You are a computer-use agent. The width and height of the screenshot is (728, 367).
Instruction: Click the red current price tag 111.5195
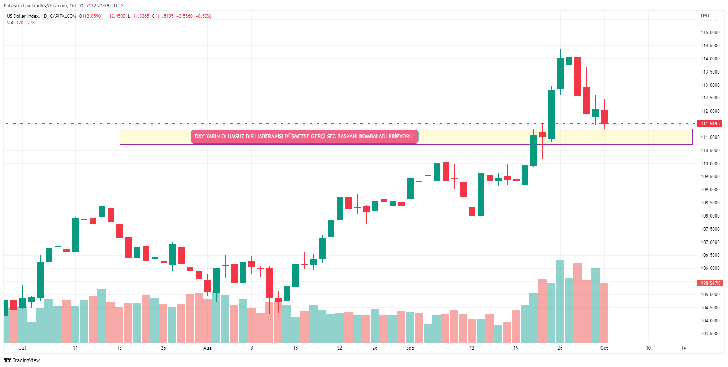(710, 124)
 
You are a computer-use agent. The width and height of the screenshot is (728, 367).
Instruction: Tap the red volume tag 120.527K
(710, 283)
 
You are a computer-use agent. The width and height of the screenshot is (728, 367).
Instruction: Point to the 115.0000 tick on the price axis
(710, 33)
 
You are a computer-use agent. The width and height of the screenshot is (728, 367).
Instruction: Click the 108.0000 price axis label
(710, 216)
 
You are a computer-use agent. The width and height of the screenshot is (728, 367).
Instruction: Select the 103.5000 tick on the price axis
(710, 334)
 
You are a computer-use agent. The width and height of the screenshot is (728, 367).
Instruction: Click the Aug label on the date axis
(207, 348)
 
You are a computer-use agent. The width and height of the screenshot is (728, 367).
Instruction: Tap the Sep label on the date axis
(410, 348)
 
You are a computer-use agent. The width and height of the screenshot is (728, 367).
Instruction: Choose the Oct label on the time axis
(604, 348)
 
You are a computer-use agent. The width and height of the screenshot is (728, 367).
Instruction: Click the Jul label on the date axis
(22, 348)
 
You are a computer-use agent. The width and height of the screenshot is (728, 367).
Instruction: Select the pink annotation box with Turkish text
(304, 137)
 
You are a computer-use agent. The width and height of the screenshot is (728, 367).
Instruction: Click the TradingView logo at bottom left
(22, 360)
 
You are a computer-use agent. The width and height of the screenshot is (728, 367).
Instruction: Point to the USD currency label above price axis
(705, 16)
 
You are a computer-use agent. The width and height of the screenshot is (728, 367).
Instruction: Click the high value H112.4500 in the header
(114, 16)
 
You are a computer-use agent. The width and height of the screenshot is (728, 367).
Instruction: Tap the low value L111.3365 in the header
(138, 16)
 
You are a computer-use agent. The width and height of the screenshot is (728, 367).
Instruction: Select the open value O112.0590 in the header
(90, 16)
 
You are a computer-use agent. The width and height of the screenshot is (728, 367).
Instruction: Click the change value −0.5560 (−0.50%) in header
(194, 16)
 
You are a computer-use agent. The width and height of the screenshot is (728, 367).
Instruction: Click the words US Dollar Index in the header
(23, 16)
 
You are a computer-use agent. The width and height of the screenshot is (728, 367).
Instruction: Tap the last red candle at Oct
(604, 117)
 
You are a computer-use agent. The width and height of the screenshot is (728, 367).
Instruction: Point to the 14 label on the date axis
(684, 348)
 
